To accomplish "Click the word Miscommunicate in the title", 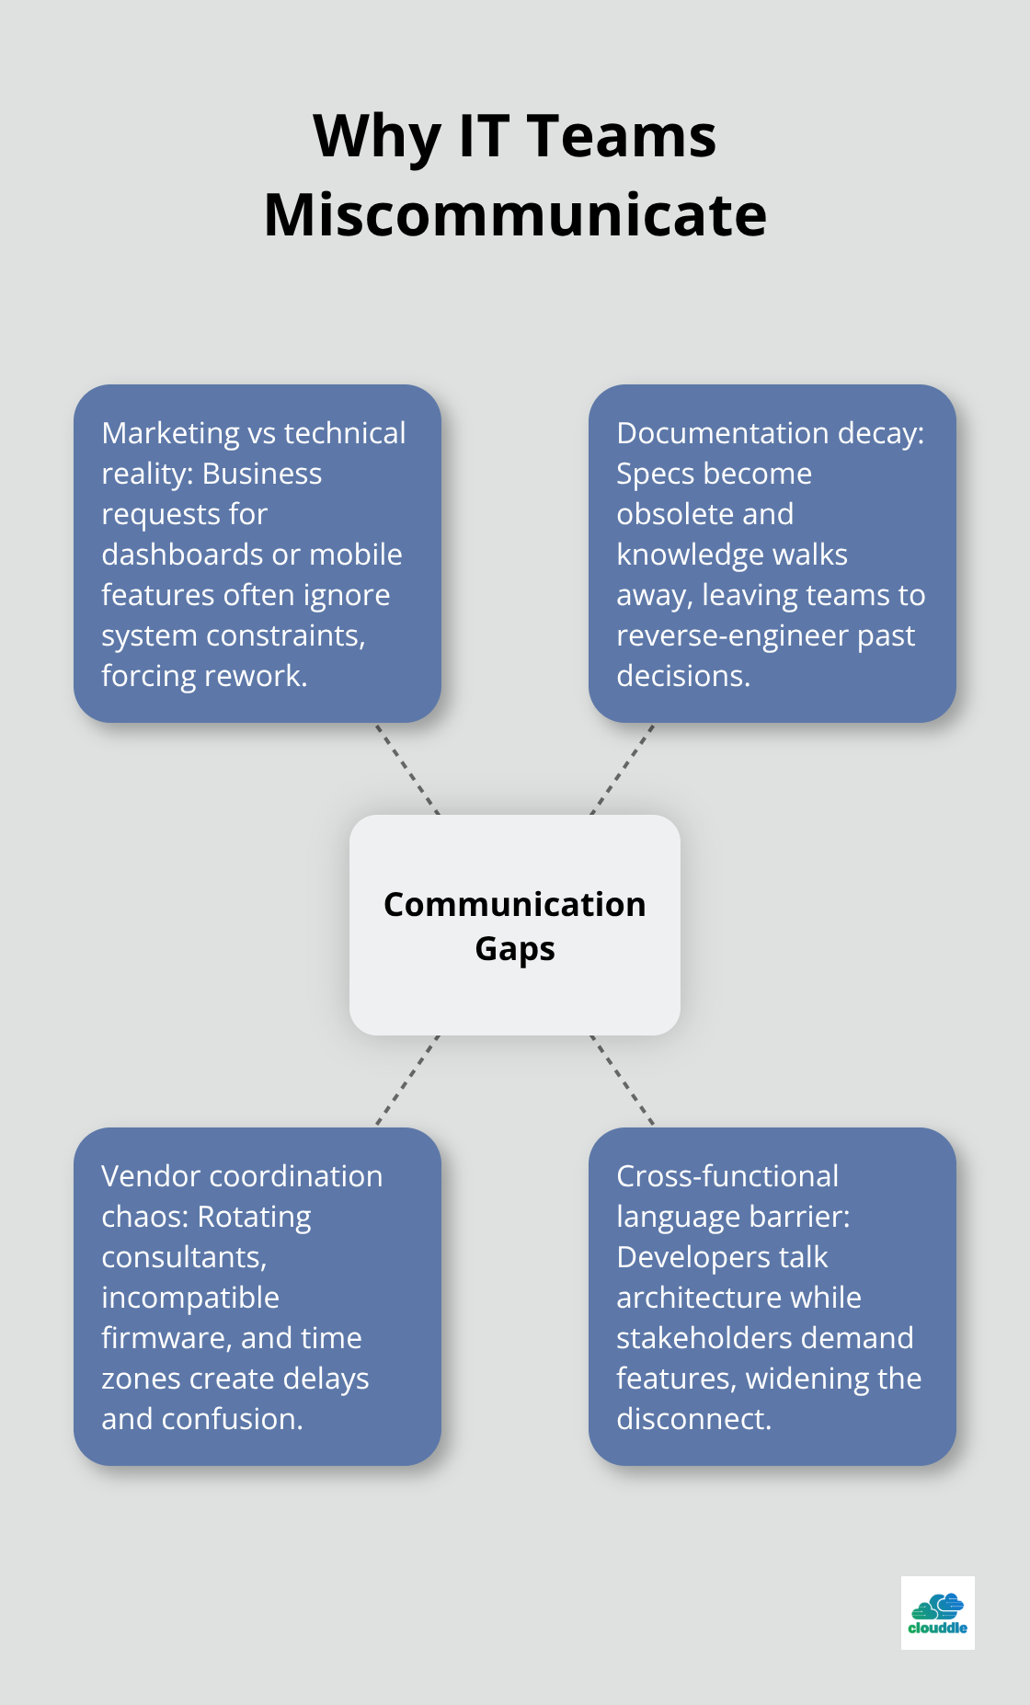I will (515, 215).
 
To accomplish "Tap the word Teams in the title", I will (622, 136).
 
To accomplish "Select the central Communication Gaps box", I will (515, 925).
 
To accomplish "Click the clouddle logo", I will (937, 1613).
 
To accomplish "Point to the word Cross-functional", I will (727, 1176).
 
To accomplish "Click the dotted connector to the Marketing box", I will (406, 769).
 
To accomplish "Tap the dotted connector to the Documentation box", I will (623, 769).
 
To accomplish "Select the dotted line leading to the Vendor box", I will (406, 1081).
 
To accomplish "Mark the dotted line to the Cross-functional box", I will (623, 1081).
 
